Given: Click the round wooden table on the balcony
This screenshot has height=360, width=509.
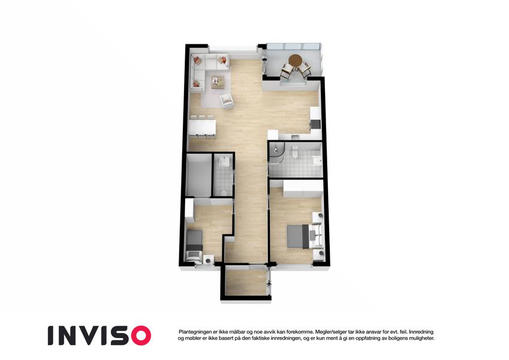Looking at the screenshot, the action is click(x=296, y=60).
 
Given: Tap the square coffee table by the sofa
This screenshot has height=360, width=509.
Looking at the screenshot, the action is click(x=218, y=82).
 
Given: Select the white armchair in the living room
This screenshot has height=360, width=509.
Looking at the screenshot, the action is click(x=227, y=101).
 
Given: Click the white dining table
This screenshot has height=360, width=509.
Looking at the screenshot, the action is click(x=202, y=127).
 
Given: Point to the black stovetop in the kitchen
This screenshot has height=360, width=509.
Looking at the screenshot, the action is click(x=315, y=125).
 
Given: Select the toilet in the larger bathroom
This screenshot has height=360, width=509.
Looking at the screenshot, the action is click(x=295, y=151).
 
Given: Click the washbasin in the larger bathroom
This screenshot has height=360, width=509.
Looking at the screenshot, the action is click(x=316, y=161).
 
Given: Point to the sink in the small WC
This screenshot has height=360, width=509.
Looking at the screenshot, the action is click(x=224, y=161).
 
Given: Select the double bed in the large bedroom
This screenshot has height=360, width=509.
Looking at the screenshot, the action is click(x=305, y=236).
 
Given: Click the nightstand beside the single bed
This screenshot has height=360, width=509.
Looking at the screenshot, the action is click(x=209, y=259).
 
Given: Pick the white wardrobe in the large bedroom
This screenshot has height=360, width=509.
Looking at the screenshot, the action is click(x=303, y=188).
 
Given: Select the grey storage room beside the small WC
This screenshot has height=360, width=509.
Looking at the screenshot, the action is click(x=199, y=175).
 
